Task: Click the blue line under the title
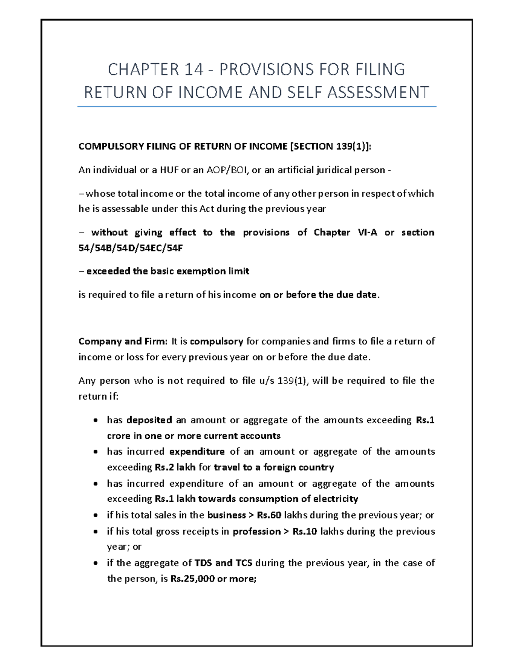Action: click(257, 106)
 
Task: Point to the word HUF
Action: click(169, 170)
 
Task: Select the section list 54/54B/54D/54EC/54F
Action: click(131, 248)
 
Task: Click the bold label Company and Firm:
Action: click(123, 341)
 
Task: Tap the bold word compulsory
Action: click(216, 341)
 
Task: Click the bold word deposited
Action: click(149, 420)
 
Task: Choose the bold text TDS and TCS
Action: click(223, 563)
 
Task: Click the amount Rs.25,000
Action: click(192, 579)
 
